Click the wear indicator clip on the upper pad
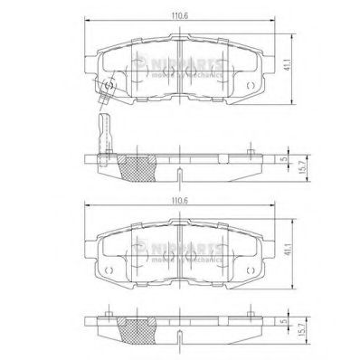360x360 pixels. (108, 89)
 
